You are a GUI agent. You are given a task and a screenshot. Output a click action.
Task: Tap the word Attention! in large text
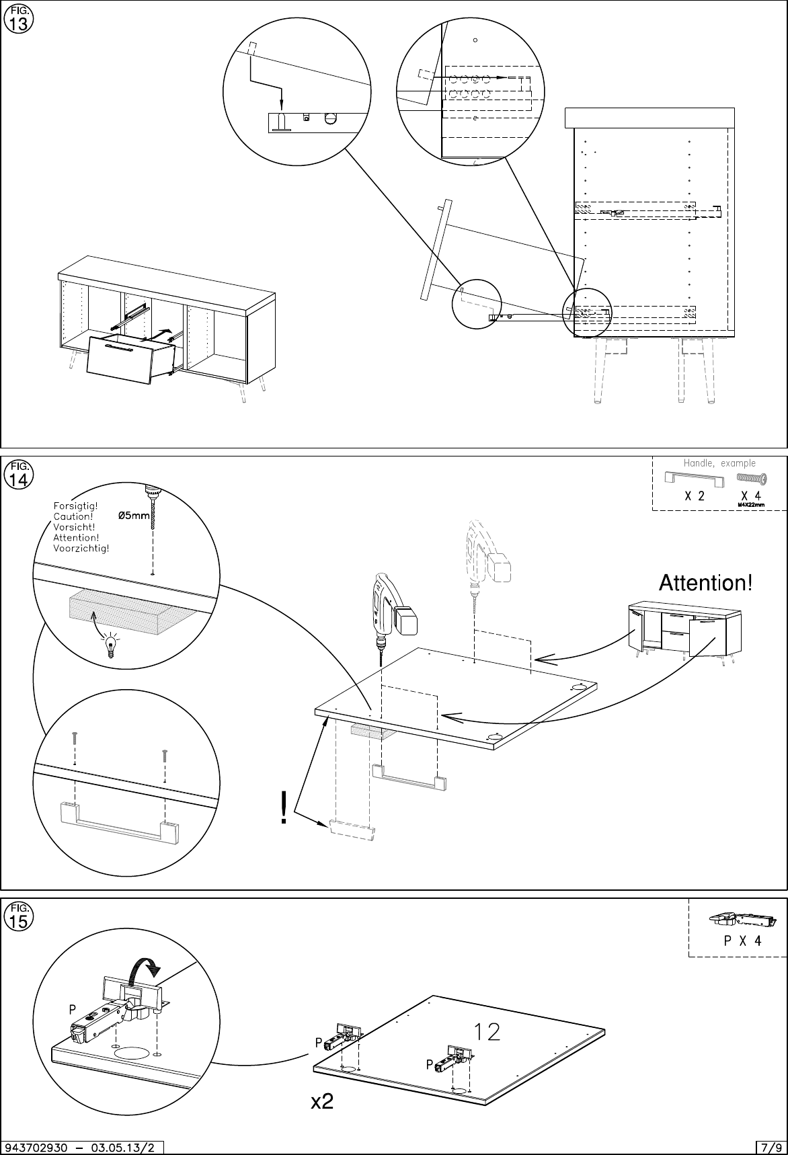coord(705,582)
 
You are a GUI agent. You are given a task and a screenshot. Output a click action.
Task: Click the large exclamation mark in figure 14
coord(285,807)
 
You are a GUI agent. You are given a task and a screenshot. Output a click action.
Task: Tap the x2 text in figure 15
coord(322,1103)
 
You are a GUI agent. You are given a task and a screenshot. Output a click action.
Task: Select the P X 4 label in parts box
coord(742,941)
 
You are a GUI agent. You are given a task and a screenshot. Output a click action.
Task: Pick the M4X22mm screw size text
coord(752,505)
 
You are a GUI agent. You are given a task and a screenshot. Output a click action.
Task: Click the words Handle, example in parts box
coord(719,463)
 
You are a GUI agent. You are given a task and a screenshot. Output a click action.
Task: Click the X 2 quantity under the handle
coord(694,496)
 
